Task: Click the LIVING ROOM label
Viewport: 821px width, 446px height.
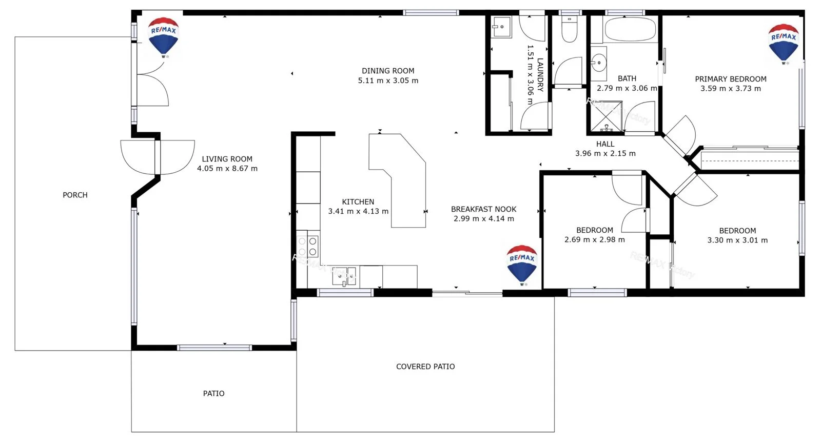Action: [x=227, y=159]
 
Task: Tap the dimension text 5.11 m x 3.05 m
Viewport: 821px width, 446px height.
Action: [x=388, y=80]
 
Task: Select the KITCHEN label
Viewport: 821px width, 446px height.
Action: [x=358, y=202]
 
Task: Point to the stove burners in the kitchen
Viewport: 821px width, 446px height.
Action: [x=307, y=246]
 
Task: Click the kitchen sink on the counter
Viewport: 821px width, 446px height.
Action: [x=344, y=276]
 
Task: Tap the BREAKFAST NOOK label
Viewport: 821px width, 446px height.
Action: [x=483, y=209]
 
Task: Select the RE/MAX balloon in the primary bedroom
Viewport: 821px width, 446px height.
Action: [x=783, y=43]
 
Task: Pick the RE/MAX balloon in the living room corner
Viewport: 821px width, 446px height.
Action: [x=163, y=36]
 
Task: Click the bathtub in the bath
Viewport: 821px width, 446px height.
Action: [x=630, y=30]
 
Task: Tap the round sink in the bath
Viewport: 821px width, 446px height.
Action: [x=598, y=63]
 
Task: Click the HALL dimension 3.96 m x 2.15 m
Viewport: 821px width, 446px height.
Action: [x=605, y=153]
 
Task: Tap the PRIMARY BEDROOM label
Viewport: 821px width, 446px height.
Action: [x=730, y=79]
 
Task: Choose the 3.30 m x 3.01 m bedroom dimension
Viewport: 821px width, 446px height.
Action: [x=737, y=240]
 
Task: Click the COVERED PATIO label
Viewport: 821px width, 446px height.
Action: [x=425, y=367]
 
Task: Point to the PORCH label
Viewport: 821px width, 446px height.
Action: [x=75, y=195]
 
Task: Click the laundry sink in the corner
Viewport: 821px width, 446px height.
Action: [x=501, y=26]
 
